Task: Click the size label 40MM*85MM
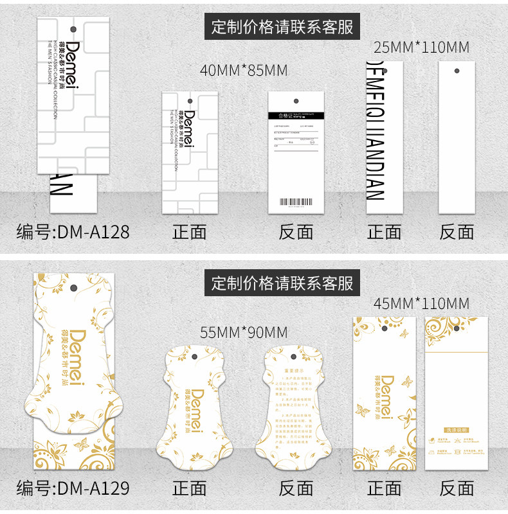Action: (x=244, y=70)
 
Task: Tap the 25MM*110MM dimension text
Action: (x=422, y=47)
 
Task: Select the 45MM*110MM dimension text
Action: (x=422, y=303)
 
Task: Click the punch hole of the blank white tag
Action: (x=457, y=69)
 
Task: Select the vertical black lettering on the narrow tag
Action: (x=375, y=131)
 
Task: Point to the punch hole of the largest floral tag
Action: (x=73, y=289)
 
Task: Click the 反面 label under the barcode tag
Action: (x=296, y=231)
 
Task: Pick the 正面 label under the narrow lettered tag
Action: (x=384, y=231)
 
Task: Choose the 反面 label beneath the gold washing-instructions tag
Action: (x=457, y=488)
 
